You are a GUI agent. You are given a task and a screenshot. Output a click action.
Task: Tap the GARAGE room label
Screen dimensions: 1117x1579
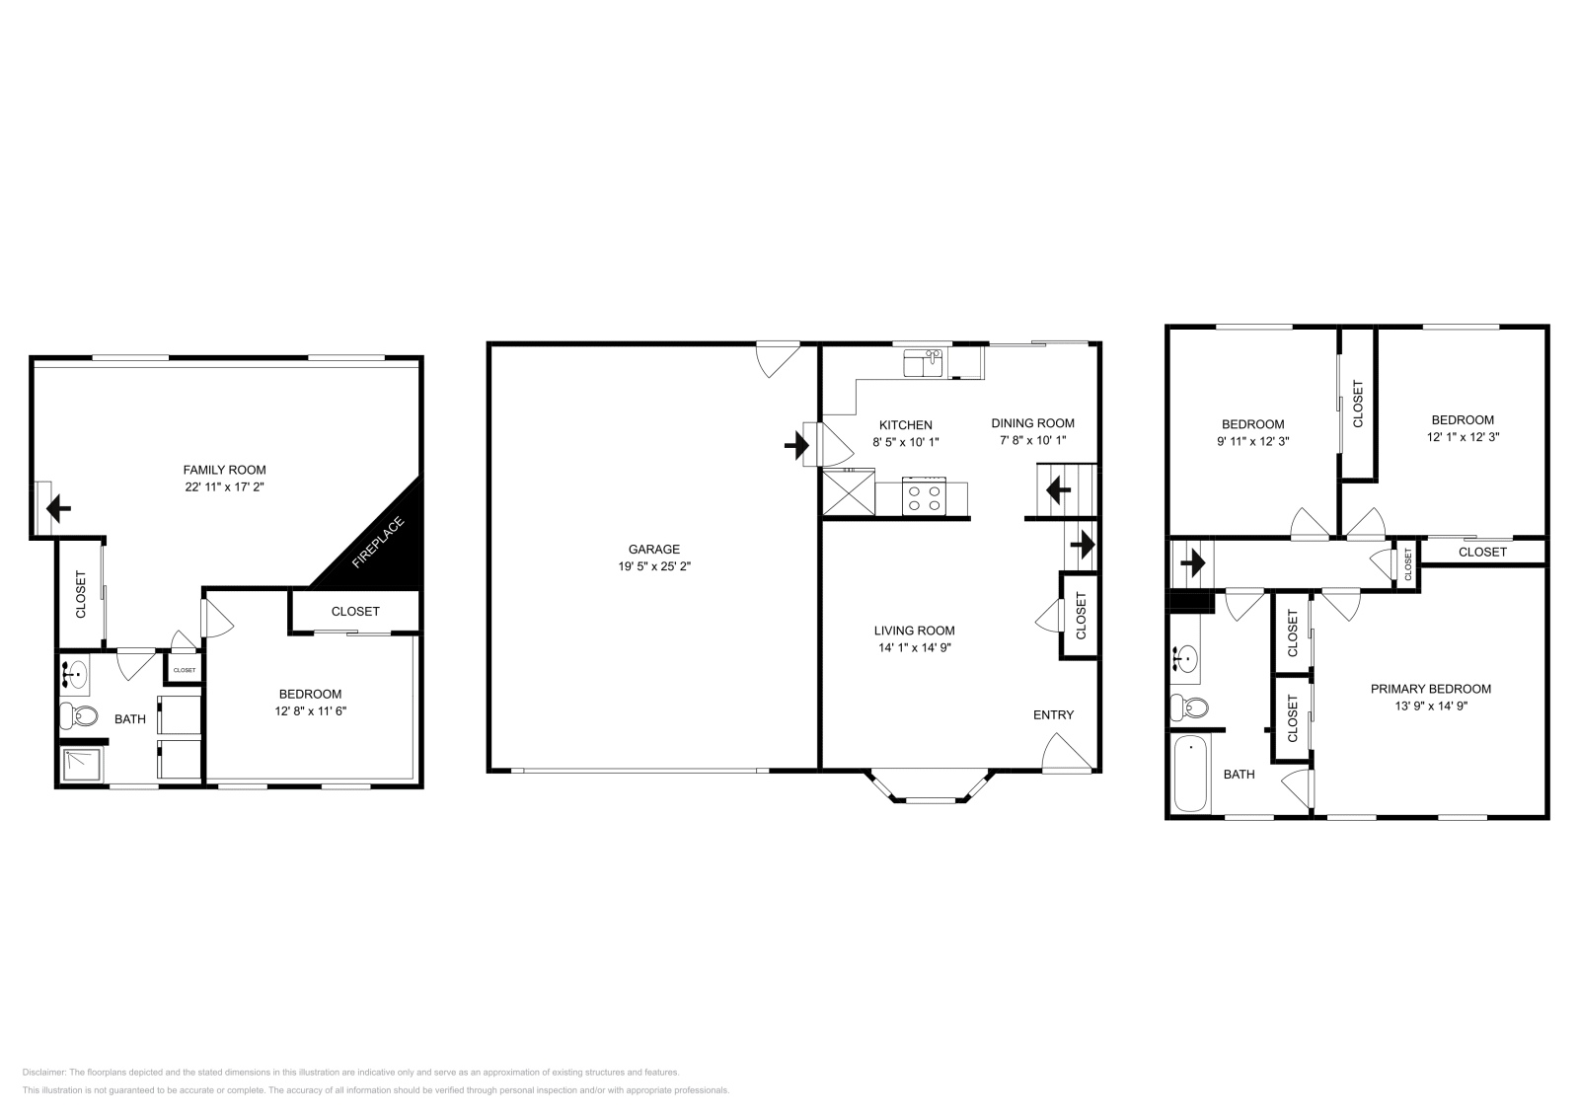pyautogui.click(x=653, y=550)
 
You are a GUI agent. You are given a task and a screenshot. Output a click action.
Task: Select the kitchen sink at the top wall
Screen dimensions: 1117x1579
pyautogui.click(x=924, y=363)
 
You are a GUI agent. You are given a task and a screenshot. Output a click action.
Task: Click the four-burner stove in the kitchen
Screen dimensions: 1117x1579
pyautogui.click(x=924, y=496)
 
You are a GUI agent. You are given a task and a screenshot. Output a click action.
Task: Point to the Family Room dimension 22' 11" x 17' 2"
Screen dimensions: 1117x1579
pyautogui.click(x=224, y=487)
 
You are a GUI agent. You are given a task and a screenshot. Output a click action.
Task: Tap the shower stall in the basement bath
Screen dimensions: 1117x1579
pyautogui.click(x=81, y=766)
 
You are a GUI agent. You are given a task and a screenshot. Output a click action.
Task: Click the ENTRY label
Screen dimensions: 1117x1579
pyautogui.click(x=1053, y=714)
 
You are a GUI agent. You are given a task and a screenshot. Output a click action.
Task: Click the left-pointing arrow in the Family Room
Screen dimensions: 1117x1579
pyautogui.click(x=58, y=510)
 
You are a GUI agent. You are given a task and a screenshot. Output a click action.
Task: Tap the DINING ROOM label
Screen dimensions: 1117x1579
pyautogui.click(x=1032, y=423)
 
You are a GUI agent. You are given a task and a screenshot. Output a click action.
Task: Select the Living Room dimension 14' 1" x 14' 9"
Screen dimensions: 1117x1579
pyautogui.click(x=914, y=648)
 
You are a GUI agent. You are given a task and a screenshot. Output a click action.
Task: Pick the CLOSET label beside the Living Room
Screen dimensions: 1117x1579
pyautogui.click(x=1081, y=615)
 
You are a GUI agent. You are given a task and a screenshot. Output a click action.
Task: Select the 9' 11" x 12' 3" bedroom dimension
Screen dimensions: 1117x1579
pyautogui.click(x=1252, y=442)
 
